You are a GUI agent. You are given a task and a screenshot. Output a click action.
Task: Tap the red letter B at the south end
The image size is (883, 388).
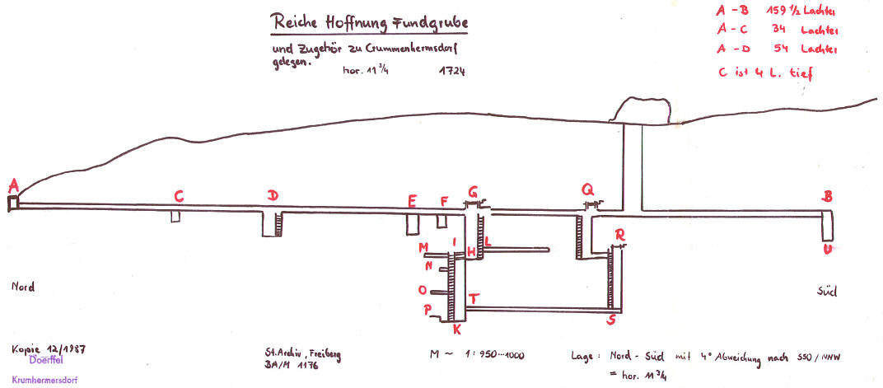tap(827, 196)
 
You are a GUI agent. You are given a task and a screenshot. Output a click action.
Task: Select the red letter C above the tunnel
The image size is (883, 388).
tap(178, 195)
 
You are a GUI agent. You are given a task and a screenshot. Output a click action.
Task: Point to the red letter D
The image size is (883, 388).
tap(273, 195)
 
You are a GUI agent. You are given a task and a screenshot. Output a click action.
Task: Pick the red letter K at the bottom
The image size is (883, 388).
tap(456, 330)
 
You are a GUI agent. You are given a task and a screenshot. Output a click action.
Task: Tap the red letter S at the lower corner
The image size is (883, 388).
tap(611, 319)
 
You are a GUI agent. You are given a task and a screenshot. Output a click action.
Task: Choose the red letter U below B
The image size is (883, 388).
tap(827, 248)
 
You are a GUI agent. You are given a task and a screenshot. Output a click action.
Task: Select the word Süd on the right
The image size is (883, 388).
tap(826, 291)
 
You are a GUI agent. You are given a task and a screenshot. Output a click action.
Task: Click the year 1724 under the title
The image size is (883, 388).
tap(452, 71)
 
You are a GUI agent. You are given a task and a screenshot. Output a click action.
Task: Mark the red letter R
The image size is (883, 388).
tap(619, 234)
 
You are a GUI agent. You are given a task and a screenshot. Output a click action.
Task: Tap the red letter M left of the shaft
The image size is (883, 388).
tap(423, 247)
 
